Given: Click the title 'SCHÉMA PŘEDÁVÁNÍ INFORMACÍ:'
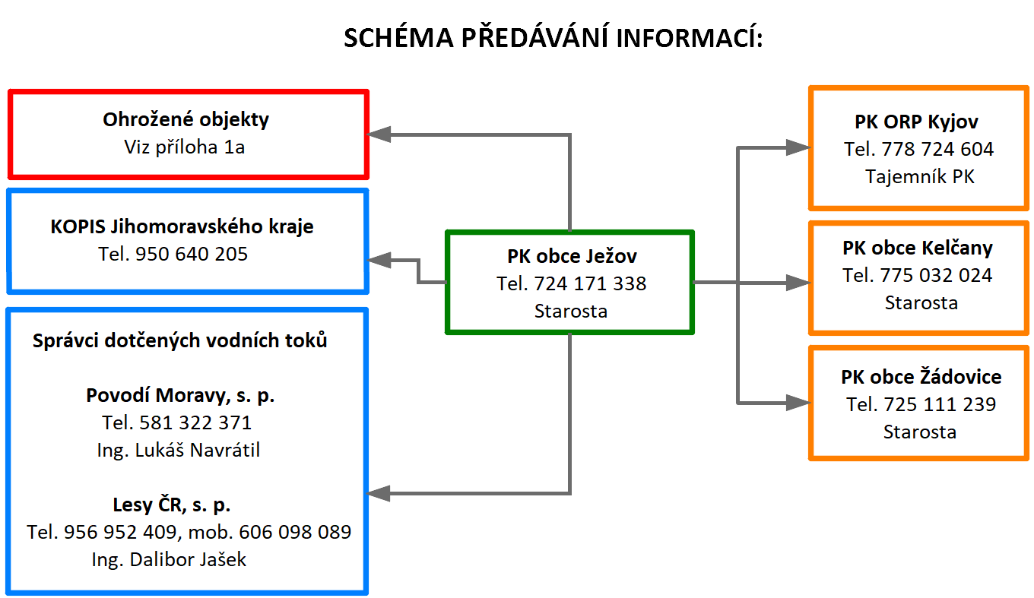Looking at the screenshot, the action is (553, 37).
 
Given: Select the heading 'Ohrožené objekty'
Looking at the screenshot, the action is (186, 120).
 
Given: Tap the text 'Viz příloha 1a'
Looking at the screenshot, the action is (184, 147).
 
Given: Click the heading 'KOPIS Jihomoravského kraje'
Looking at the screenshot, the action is (182, 227).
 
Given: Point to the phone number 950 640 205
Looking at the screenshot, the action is (192, 255).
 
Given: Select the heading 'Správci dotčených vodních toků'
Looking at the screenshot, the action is (179, 340).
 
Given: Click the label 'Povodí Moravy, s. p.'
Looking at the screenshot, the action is (180, 396).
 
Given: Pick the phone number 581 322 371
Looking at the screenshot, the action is (195, 422).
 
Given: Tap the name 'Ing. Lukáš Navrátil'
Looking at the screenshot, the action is (179, 451).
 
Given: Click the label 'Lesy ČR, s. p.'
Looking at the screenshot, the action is (172, 505).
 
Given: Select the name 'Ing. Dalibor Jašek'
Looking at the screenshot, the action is (169, 560).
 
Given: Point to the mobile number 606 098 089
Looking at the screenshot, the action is (295, 532).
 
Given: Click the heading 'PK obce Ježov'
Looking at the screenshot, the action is (572, 257).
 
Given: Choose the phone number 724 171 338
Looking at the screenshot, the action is (590, 283).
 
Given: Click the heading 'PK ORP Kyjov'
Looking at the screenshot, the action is (916, 122).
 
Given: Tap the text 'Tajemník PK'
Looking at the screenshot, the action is (919, 177).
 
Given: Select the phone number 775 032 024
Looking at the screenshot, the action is (936, 276).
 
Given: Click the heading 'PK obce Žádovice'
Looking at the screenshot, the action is (921, 377).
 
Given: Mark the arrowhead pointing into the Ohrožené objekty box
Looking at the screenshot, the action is (379, 134).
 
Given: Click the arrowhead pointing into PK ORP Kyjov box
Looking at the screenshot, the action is (798, 147).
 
